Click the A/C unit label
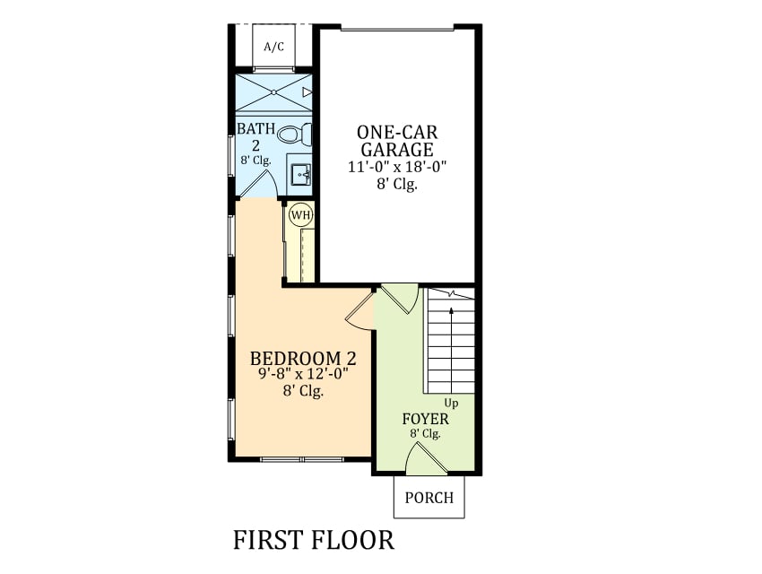pyautogui.click(x=274, y=47)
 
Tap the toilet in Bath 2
pyautogui.click(x=295, y=134)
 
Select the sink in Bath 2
pyautogui.click(x=301, y=174)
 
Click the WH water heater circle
pyautogui.click(x=301, y=215)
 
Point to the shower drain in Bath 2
pyautogui.click(x=273, y=91)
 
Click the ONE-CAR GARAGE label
pyautogui.click(x=397, y=141)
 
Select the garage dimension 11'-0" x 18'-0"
pyautogui.click(x=397, y=167)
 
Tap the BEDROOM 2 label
pyautogui.click(x=303, y=358)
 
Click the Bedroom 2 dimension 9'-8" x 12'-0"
pyautogui.click(x=303, y=374)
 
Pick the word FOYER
pyautogui.click(x=425, y=419)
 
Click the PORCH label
pyautogui.click(x=429, y=498)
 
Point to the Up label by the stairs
pyautogui.click(x=451, y=403)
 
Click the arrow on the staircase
pyautogui.click(x=452, y=350)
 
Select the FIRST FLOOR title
pyautogui.click(x=314, y=540)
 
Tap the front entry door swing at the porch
pyautogui.click(x=426, y=458)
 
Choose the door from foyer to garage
pyautogui.click(x=399, y=298)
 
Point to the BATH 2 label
pyautogui.click(x=255, y=136)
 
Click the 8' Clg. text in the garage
pyautogui.click(x=397, y=184)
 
